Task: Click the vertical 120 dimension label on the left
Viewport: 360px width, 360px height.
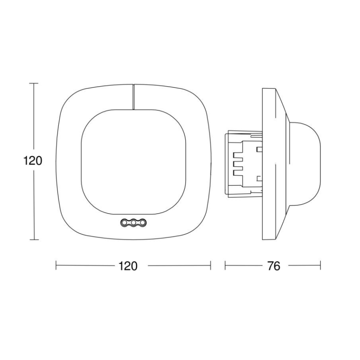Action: tap(33, 161)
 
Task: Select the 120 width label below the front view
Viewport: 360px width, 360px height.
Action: tap(128, 266)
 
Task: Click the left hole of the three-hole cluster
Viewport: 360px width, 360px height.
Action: tap(125, 223)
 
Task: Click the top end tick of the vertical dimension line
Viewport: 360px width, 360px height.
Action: tap(33, 83)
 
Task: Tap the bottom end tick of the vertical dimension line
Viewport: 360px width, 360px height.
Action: tap(33, 240)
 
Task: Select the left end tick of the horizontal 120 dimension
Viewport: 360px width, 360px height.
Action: tap(56, 266)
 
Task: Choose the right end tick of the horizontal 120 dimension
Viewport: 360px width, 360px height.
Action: tap(211, 266)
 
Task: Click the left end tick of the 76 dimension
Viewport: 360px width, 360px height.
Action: tap(225, 266)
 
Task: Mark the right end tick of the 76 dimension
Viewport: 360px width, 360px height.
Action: tap(321, 266)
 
